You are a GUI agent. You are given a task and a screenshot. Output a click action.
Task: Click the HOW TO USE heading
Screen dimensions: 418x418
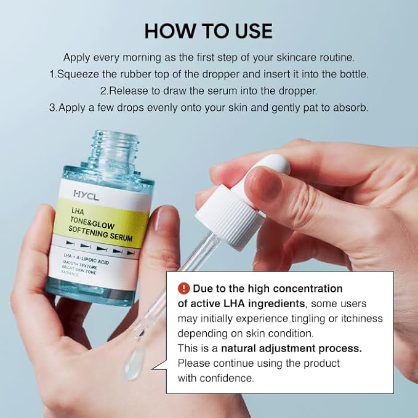[208, 31]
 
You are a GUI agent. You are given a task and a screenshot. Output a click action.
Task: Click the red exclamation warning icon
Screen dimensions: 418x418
[183, 288]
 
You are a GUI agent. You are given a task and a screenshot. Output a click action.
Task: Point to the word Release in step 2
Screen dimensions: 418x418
[127, 90]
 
